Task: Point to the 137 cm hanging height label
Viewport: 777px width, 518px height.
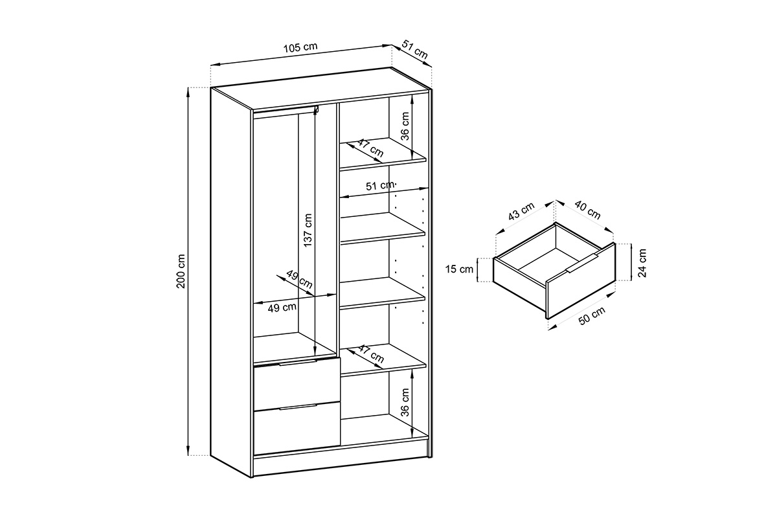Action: click(x=308, y=230)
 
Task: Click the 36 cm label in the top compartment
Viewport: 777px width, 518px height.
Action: click(x=405, y=127)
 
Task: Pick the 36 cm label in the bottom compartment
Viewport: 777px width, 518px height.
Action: click(x=405, y=403)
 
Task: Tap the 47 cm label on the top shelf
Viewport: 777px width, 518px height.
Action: click(x=370, y=150)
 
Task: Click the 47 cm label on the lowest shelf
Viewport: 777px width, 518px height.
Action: click(x=371, y=354)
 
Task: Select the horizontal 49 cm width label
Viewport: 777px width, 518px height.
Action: click(x=282, y=308)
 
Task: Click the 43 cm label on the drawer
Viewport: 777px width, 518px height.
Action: click(x=521, y=212)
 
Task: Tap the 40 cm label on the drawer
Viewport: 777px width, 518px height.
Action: click(x=587, y=210)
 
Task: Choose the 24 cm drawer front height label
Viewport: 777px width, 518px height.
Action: click(x=642, y=262)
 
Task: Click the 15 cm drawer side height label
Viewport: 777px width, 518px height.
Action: click(x=462, y=269)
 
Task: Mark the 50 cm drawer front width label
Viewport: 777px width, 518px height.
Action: click(x=591, y=317)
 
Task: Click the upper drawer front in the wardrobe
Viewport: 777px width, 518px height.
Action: click(x=297, y=384)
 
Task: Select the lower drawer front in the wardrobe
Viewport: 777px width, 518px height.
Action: click(x=297, y=429)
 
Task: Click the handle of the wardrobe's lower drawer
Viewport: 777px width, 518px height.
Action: click(x=298, y=407)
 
